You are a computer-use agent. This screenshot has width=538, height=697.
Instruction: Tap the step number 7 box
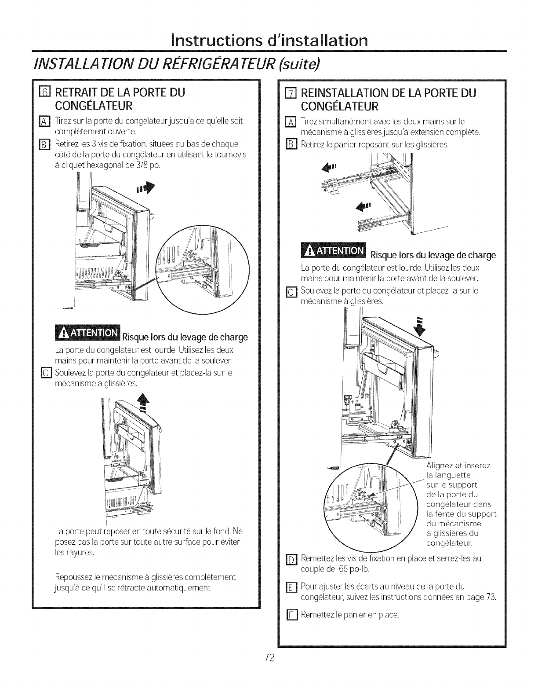point(289,93)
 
